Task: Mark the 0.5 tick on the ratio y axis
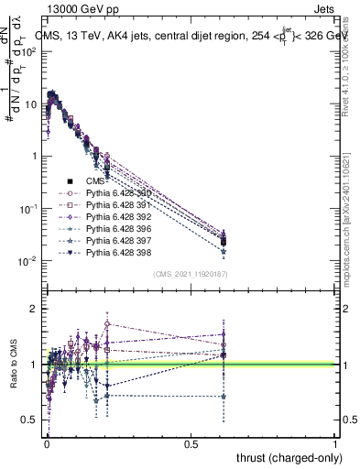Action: [x=28, y=420]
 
